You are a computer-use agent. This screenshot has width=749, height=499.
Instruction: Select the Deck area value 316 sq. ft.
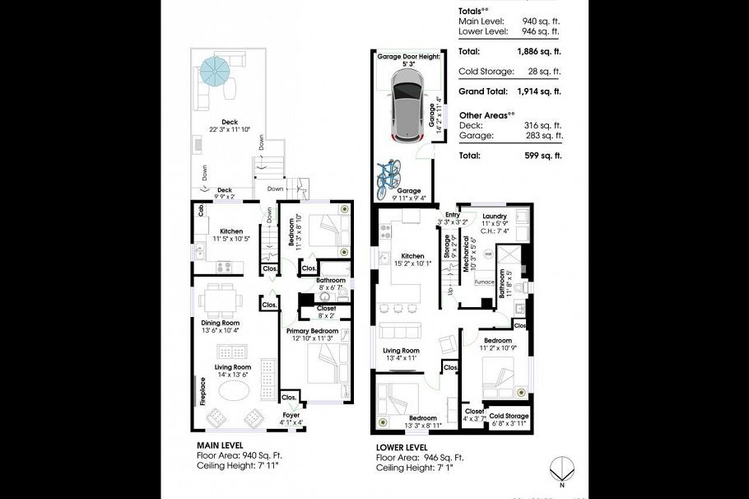pyautogui.click(x=541, y=125)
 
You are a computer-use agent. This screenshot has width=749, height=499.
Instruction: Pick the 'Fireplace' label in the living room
pyautogui.click(x=201, y=392)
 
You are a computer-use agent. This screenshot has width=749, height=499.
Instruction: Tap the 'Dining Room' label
pyautogui.click(x=220, y=323)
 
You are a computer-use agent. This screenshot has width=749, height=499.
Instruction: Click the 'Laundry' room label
pyautogui.click(x=495, y=217)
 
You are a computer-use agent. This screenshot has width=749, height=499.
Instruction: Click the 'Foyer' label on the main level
pyautogui.click(x=291, y=415)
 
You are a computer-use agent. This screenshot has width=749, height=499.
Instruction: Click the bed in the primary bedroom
pyautogui.click(x=323, y=364)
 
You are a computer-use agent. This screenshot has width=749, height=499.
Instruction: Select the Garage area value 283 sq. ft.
pyautogui.click(x=541, y=136)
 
